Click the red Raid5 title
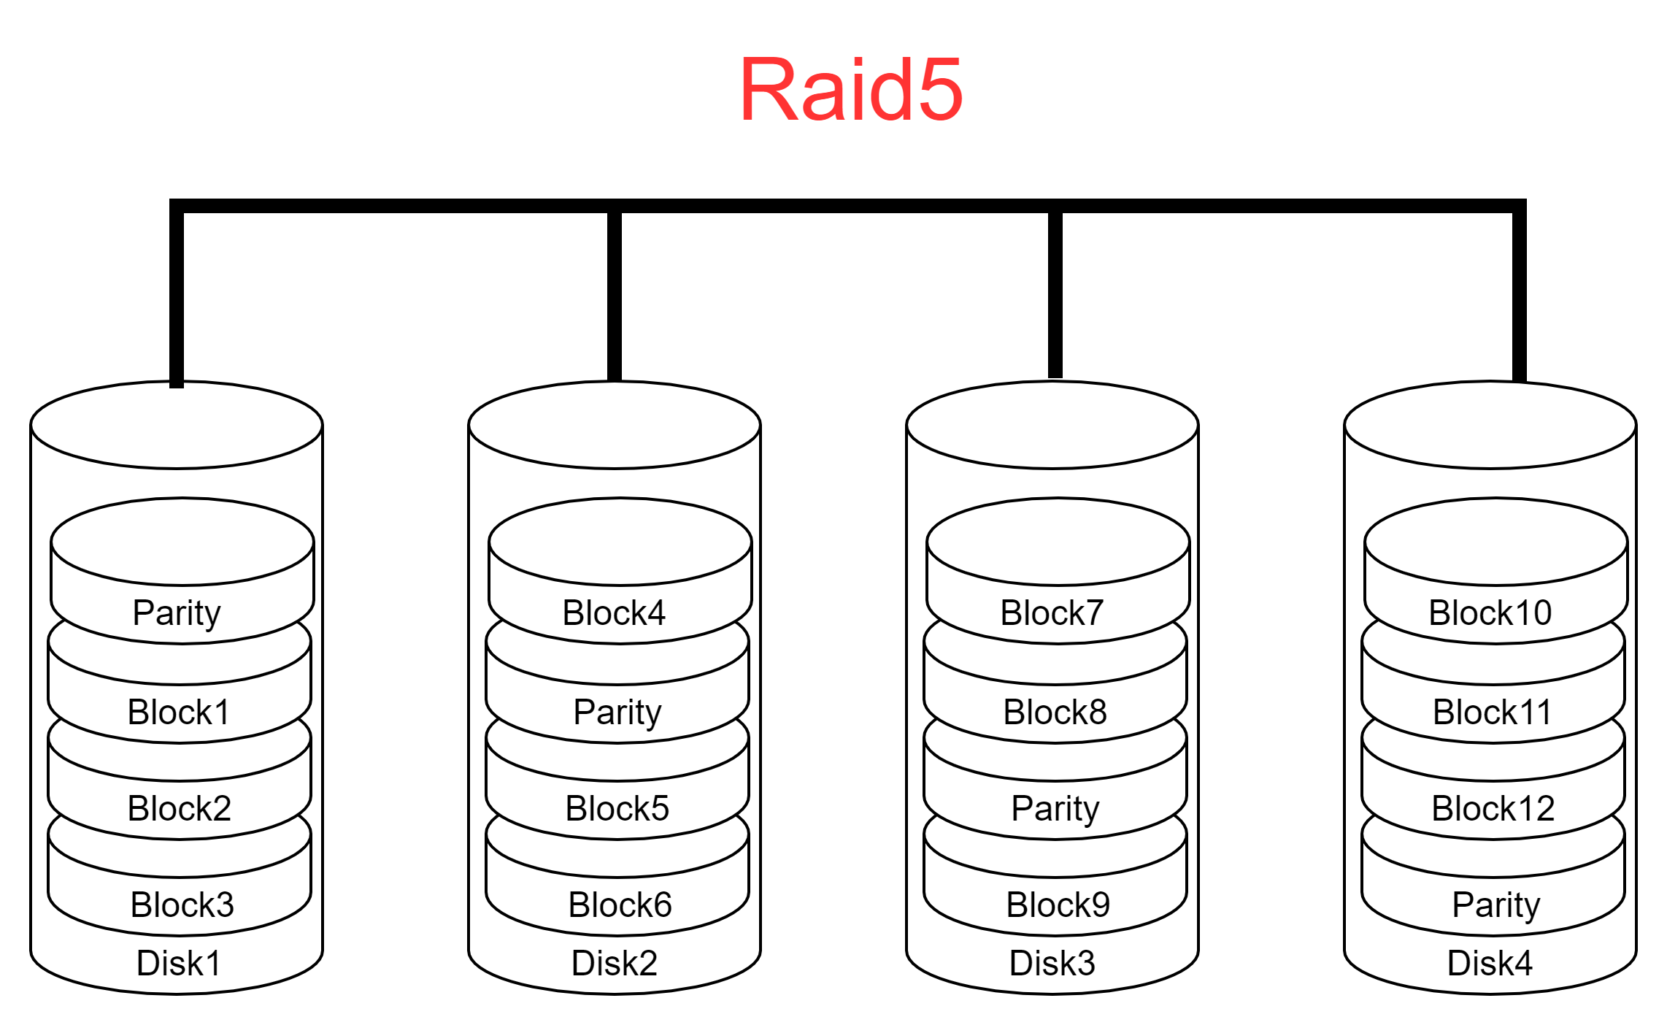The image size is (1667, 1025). (x=850, y=90)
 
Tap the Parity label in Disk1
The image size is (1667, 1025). (x=177, y=613)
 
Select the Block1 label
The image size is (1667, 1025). (x=179, y=712)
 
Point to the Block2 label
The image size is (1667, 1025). (x=180, y=808)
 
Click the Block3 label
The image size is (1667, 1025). (x=182, y=905)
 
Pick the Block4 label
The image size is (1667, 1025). (x=614, y=613)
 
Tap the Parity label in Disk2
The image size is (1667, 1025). (x=617, y=713)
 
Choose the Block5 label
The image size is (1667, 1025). (x=617, y=808)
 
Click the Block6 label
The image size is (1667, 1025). (x=620, y=905)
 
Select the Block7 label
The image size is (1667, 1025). (x=1052, y=613)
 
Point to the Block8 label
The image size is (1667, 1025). (x=1055, y=712)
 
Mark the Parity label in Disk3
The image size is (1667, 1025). (x=1055, y=809)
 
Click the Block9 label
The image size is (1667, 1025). (x=1058, y=905)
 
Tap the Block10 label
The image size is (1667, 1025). (x=1490, y=613)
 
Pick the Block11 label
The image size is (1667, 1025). (x=1492, y=712)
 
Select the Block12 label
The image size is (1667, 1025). (x=1493, y=808)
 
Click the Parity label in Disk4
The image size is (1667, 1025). (x=1496, y=905)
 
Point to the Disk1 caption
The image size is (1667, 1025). (x=179, y=963)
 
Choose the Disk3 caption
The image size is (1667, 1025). (x=1052, y=963)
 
